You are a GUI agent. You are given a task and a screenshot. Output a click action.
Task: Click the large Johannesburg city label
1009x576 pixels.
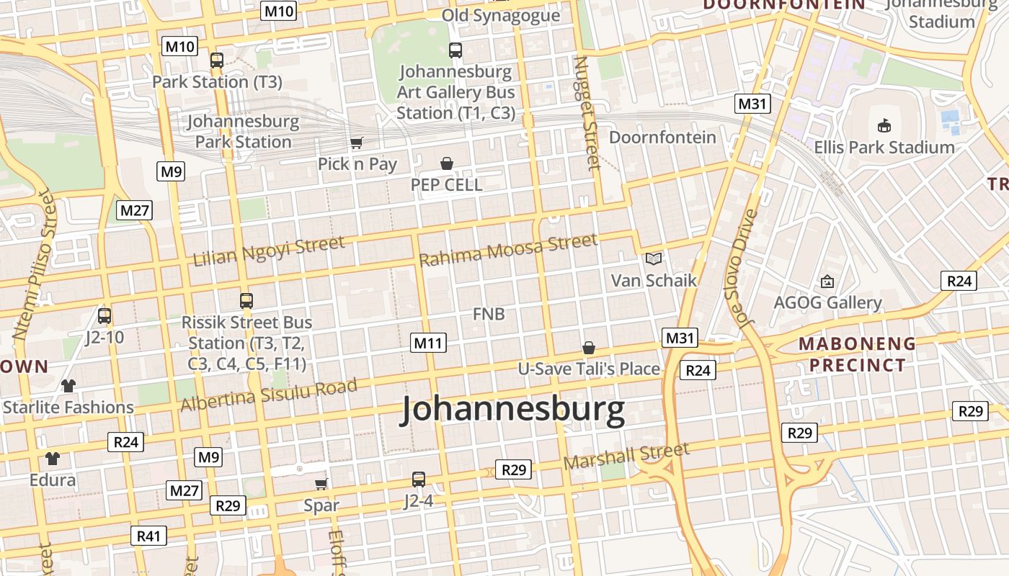click(513, 410)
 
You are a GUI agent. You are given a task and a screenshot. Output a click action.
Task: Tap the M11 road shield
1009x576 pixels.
click(429, 343)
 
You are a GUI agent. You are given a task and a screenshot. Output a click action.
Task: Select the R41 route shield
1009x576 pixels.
click(149, 536)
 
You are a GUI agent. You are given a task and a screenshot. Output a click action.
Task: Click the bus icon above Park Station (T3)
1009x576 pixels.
click(217, 60)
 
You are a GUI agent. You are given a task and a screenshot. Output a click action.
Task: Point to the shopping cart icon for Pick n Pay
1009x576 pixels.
click(357, 143)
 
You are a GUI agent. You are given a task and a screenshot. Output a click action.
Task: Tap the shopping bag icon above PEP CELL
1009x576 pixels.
click(447, 163)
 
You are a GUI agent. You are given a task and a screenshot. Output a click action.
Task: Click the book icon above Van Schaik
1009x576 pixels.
click(654, 258)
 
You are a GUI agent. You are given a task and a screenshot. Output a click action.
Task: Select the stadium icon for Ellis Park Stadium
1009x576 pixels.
click(884, 126)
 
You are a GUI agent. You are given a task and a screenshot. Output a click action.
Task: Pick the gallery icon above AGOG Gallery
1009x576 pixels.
click(827, 282)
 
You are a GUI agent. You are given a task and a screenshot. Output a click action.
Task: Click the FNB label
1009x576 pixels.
click(489, 314)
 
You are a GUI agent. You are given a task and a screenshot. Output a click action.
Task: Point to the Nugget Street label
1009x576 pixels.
click(586, 114)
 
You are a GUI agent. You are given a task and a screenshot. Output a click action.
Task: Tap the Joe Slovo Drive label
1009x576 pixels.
click(747, 268)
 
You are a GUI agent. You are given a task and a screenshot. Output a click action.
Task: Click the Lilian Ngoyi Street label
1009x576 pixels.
click(269, 251)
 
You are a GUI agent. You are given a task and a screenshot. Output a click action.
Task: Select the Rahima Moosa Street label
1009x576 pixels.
click(508, 250)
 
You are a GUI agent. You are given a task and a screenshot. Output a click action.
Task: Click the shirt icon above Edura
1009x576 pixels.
click(53, 459)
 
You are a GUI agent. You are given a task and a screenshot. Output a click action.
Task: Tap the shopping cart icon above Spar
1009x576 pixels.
click(321, 484)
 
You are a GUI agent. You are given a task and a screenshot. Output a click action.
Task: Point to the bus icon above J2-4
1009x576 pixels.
click(419, 479)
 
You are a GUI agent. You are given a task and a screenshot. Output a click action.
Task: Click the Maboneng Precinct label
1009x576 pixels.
click(856, 354)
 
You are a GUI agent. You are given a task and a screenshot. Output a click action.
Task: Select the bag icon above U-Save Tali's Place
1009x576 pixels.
click(589, 348)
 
